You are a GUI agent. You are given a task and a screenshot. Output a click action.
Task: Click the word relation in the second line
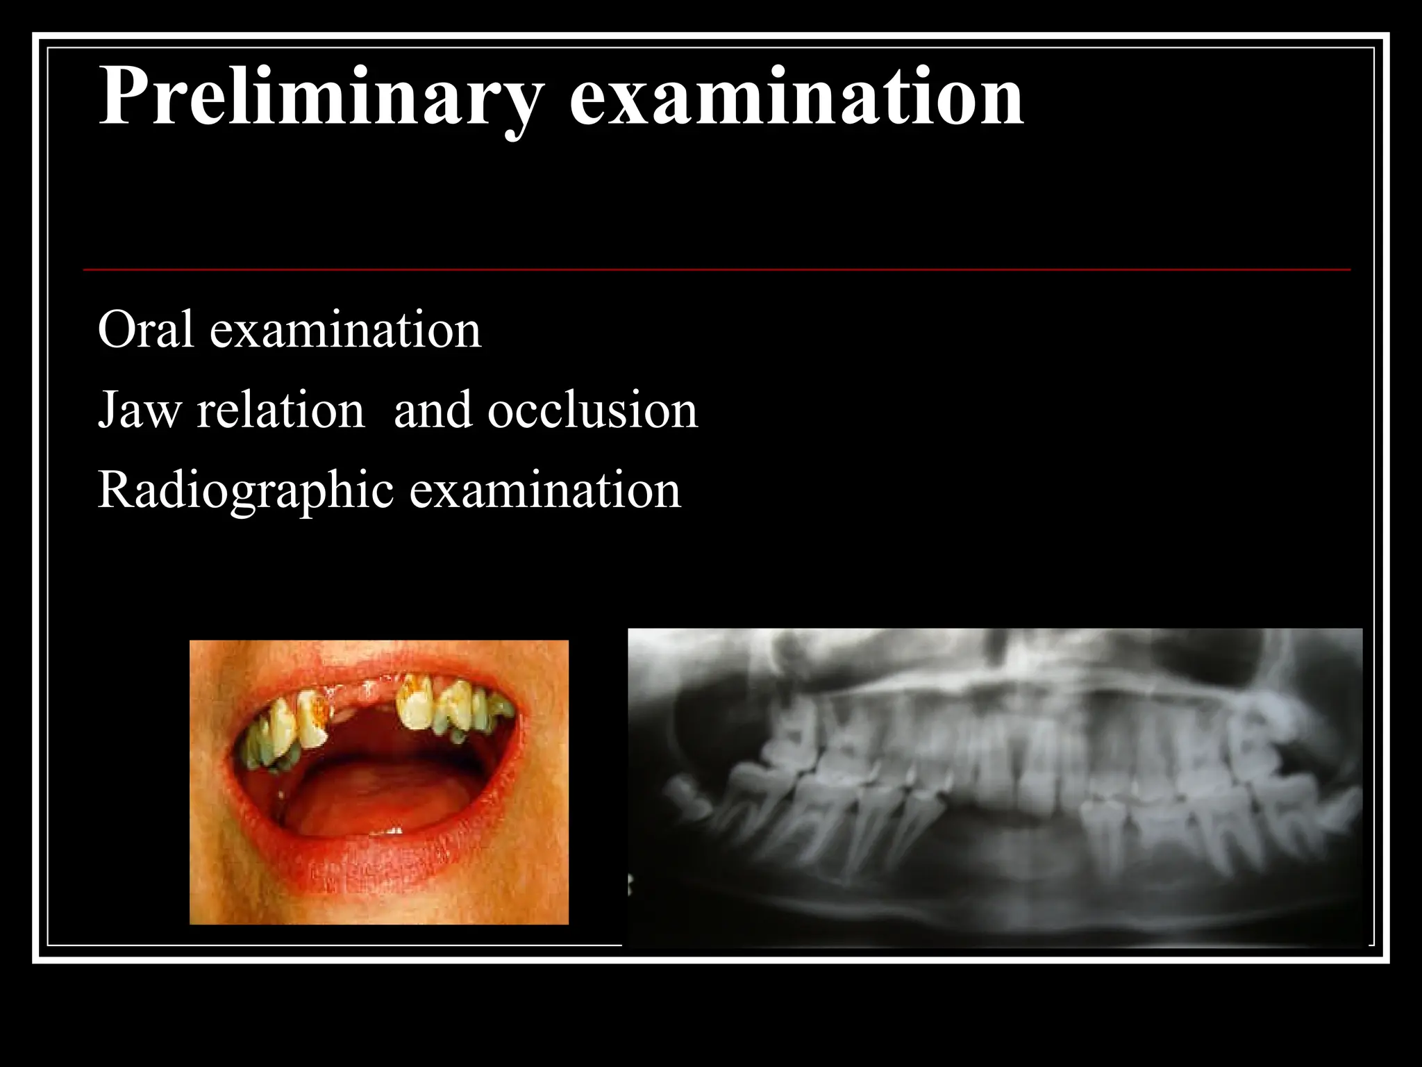[x=281, y=410]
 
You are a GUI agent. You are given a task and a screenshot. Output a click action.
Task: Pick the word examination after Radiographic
[x=545, y=490]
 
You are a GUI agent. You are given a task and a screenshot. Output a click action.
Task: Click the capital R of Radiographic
[x=115, y=490]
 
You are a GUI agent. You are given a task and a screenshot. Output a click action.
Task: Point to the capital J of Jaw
[x=107, y=410]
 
